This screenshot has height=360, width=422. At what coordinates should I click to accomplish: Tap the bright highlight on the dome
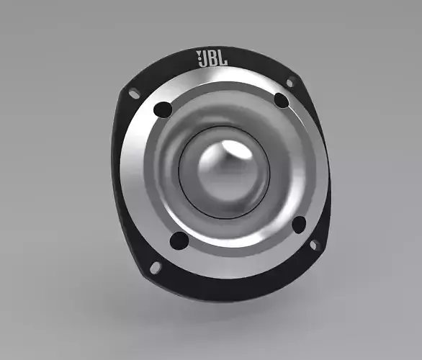click(232, 150)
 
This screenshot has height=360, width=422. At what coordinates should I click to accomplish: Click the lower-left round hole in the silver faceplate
click(178, 240)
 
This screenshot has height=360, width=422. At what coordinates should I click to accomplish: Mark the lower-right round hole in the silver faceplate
click(298, 225)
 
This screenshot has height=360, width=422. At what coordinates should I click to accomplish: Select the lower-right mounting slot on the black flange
click(314, 245)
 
